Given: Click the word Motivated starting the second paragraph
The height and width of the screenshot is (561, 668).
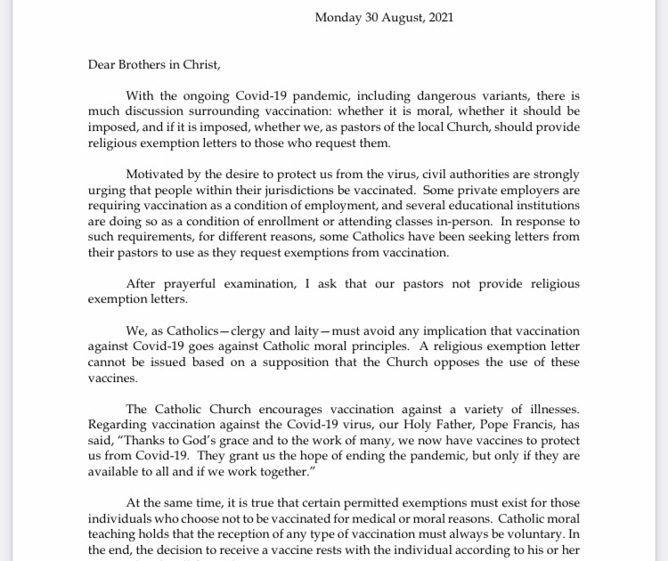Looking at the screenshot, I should coord(158,174).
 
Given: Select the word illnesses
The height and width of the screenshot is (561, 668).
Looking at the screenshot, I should coord(546,409).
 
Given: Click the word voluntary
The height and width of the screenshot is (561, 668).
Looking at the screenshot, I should coord(528,534).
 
